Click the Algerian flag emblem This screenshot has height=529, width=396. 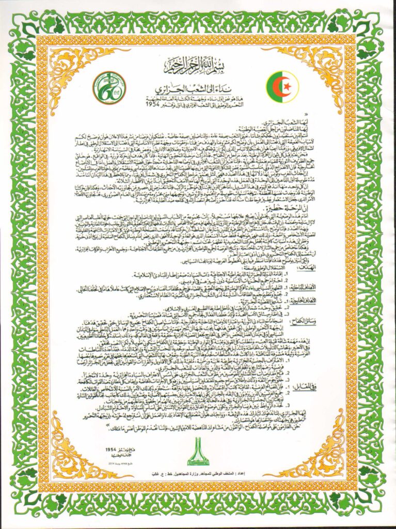282,87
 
